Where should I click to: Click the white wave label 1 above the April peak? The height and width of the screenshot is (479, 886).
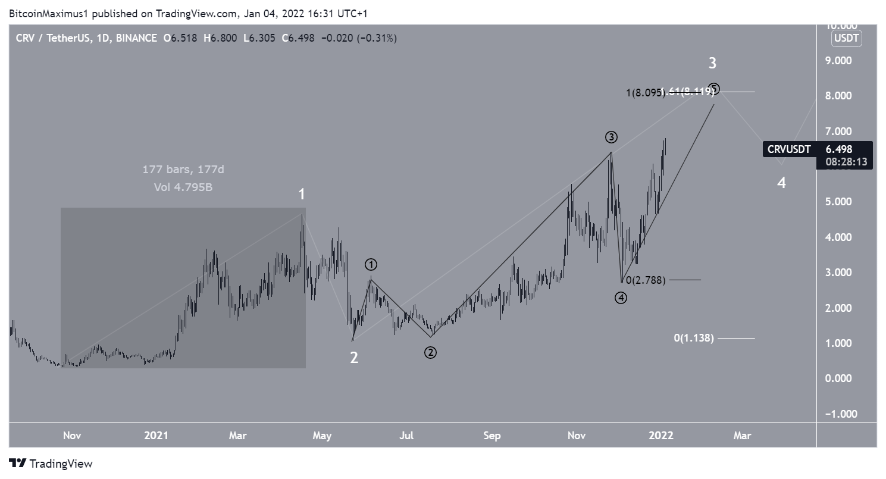coord(302,194)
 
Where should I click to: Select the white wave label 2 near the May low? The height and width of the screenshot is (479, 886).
coord(353,358)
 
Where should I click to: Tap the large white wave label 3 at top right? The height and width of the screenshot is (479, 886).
coord(712,63)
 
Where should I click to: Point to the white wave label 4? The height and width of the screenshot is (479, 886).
coord(781,183)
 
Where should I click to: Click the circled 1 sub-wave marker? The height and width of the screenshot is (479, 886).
coord(371,264)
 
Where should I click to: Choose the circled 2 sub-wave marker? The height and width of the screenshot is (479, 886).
coord(430,352)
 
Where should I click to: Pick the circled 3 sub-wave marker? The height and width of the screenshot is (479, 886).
coord(611,137)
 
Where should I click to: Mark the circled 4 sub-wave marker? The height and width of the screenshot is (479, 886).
coord(621,298)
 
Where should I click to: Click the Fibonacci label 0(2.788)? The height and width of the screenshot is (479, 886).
coord(646,280)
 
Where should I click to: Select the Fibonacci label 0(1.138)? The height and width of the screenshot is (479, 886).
coord(693,338)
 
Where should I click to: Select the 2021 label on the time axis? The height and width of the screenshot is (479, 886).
coord(156,436)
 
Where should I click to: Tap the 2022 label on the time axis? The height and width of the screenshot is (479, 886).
coord(660,436)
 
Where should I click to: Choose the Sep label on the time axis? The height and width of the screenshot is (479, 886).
coord(491,436)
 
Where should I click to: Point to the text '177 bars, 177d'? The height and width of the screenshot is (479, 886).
coord(183,170)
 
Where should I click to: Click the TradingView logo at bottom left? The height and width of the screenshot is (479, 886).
coord(51,464)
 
